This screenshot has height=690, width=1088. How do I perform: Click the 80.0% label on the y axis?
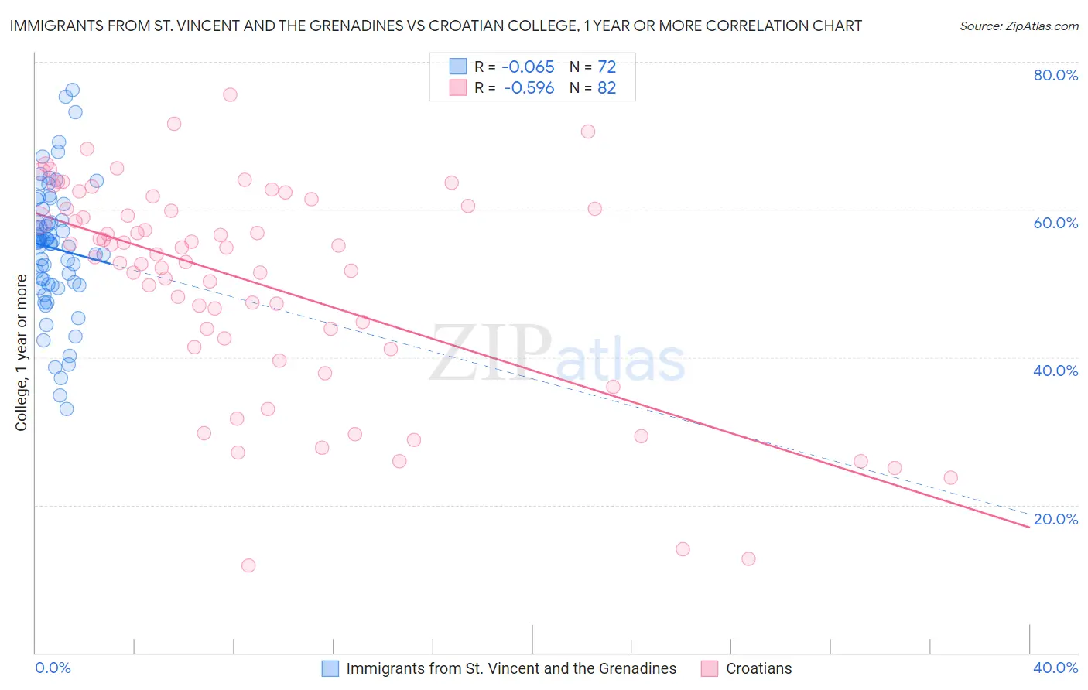click(x=1055, y=75)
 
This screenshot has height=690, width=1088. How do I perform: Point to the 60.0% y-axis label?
click(x=1055, y=223)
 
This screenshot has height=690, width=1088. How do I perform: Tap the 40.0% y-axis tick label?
click(x=1055, y=371)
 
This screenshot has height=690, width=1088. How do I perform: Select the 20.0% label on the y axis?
click(x=1055, y=519)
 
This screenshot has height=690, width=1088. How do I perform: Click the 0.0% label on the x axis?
click(x=53, y=668)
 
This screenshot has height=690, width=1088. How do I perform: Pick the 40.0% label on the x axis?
click(x=1055, y=668)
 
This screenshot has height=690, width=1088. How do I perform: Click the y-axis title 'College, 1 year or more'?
click(x=22, y=353)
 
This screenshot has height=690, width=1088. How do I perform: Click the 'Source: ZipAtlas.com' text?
click(x=1018, y=26)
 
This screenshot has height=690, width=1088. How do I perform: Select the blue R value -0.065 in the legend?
click(x=529, y=67)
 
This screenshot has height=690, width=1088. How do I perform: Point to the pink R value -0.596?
click(x=529, y=88)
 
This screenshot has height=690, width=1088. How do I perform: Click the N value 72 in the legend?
click(x=607, y=67)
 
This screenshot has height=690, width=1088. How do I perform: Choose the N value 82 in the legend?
click(x=607, y=88)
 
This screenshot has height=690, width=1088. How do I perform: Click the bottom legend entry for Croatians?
click(x=758, y=668)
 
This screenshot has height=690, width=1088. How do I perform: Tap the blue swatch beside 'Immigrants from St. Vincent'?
click(x=330, y=668)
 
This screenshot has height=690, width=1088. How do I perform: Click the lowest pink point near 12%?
click(x=248, y=565)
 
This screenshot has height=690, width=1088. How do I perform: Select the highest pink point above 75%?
click(x=230, y=94)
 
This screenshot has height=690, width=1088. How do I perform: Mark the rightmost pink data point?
click(x=951, y=477)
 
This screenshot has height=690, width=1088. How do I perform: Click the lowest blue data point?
click(x=67, y=408)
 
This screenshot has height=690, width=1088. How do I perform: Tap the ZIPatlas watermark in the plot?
click(x=557, y=354)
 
